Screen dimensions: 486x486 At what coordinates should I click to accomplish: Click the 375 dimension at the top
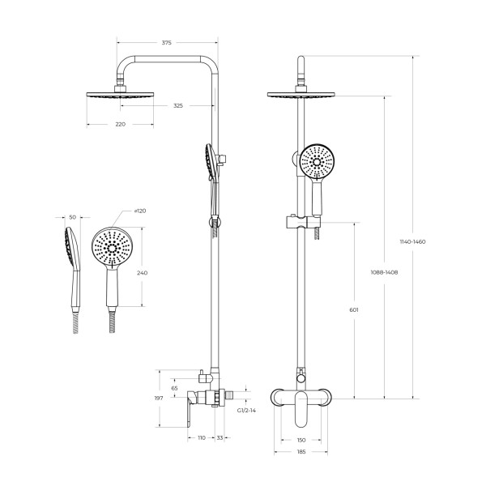166,42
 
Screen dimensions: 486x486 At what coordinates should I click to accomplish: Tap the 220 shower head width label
121,124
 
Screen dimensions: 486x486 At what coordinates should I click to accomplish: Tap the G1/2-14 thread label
246,411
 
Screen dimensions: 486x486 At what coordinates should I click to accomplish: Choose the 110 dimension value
201,437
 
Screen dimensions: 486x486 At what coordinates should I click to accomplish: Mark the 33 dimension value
220,437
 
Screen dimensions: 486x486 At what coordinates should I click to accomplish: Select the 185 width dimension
301,450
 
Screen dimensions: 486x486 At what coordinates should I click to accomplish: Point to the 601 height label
354,310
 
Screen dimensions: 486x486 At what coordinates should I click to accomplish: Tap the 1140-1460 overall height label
413,241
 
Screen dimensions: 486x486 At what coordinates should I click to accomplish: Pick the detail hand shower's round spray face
110,247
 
